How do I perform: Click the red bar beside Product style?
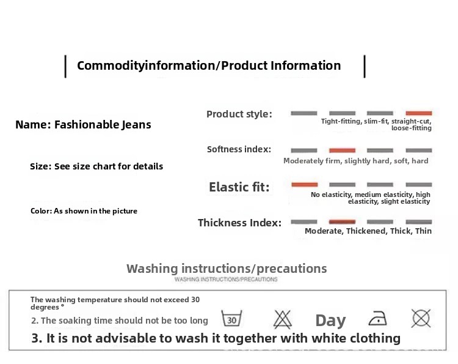tap(418, 113)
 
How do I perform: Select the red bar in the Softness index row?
tap(342, 150)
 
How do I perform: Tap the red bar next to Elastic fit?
tap(304, 184)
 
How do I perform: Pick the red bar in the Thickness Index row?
tap(342, 221)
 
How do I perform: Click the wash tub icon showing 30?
tap(231, 318)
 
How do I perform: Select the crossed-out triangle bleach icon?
tap(283, 319)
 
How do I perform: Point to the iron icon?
tap(377, 318)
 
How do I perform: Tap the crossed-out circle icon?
tap(421, 318)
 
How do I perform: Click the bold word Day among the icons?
tap(330, 321)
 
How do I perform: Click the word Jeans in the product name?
tap(136, 125)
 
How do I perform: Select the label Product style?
tap(239, 114)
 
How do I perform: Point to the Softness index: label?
tap(239, 149)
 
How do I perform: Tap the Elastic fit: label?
tap(239, 187)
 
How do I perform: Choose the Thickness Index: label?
tap(239, 223)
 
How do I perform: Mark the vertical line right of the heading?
tap(365, 67)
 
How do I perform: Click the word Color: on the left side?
tap(41, 211)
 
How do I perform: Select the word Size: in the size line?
tap(40, 166)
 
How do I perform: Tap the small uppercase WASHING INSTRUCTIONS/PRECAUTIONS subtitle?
tap(226, 279)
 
